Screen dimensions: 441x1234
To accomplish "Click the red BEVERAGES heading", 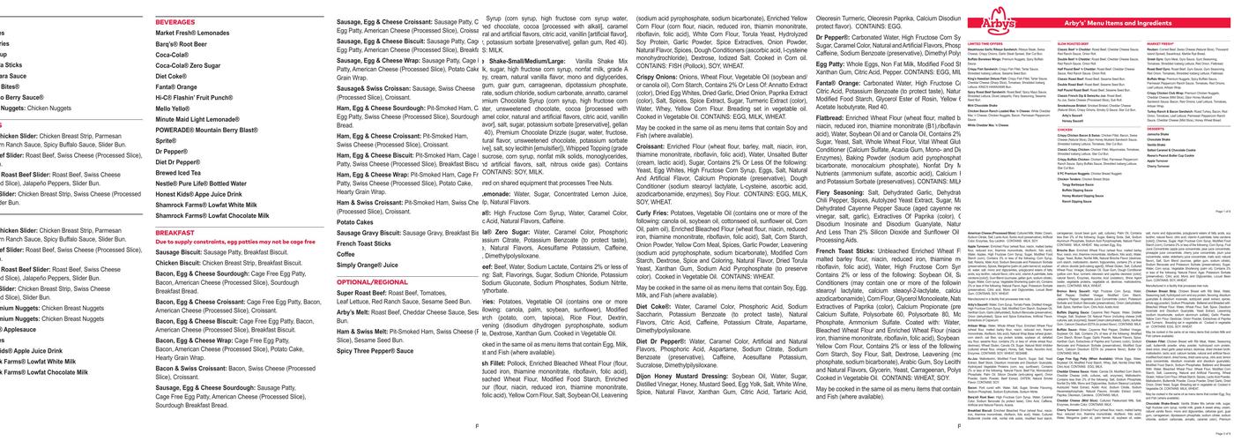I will (175, 22).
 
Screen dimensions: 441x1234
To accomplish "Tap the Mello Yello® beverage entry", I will (173, 108).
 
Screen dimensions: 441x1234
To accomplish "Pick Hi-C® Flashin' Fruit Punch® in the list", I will (194, 97).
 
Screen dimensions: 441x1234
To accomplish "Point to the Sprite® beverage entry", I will (166, 140).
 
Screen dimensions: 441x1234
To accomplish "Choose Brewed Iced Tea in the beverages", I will (178, 173).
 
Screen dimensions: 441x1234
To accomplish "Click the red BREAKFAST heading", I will (175, 232).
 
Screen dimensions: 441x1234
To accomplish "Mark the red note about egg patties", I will (235, 242).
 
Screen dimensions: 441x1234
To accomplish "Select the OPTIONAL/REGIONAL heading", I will (372, 282).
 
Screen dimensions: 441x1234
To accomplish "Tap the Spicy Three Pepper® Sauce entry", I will (375, 350).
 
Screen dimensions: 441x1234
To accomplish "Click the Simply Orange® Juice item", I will (367, 265).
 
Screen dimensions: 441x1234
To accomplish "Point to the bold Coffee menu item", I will (346, 254).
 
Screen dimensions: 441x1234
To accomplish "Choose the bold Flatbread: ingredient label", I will (829, 117).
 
